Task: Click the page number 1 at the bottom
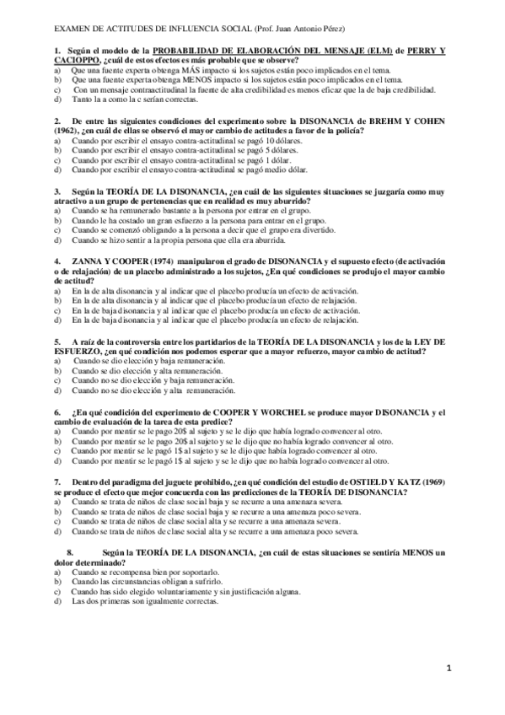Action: point(449,669)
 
